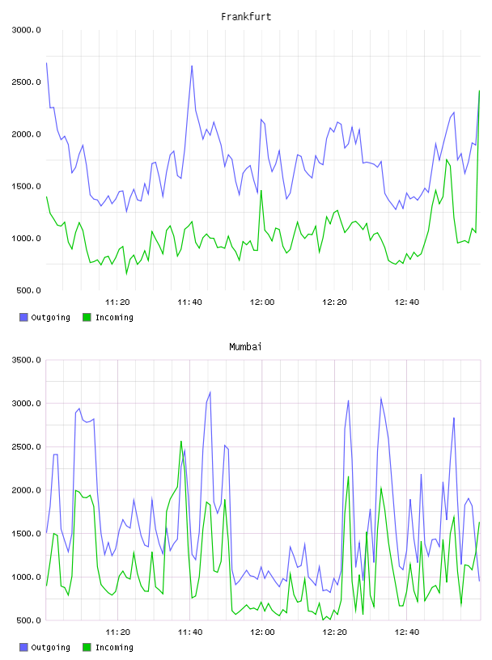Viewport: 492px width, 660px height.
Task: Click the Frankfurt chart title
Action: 246,17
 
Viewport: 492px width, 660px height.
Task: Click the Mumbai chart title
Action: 245,347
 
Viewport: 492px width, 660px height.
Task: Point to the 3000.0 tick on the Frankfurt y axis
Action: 27,30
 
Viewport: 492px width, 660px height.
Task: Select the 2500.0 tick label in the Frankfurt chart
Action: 27,82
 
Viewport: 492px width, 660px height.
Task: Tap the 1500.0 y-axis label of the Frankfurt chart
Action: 27,187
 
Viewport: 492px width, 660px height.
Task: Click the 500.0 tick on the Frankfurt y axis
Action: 28,290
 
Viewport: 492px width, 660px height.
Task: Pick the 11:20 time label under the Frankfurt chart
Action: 117,302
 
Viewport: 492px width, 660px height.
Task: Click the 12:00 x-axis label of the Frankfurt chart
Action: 262,302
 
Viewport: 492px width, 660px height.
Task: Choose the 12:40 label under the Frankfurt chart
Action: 407,302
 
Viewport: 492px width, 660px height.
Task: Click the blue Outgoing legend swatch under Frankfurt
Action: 23,317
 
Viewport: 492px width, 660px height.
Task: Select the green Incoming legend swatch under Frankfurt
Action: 87,317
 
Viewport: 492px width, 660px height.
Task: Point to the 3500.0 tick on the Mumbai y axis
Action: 27,360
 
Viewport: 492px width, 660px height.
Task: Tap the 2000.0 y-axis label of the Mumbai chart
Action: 27,490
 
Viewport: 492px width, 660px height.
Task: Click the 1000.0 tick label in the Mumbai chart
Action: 27,577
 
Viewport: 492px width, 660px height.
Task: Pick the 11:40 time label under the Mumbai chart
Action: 190,632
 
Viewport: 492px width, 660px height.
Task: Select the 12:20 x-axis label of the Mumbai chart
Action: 334,632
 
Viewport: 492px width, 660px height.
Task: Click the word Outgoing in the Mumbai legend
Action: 50,648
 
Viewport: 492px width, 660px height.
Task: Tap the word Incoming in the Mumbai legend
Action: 114,648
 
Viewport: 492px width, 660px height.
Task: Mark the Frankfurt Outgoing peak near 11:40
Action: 192,66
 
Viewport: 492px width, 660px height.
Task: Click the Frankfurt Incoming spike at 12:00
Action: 261,191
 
